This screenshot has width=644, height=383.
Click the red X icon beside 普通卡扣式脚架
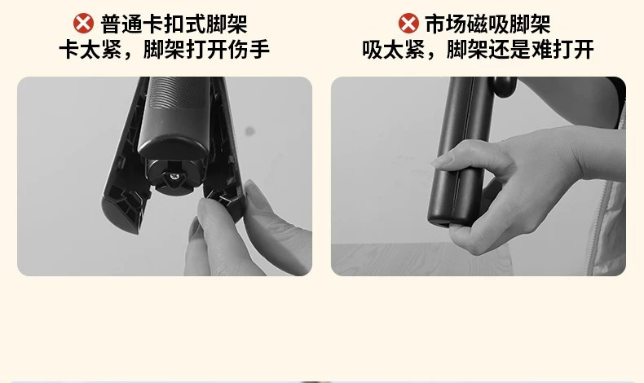(x=83, y=24)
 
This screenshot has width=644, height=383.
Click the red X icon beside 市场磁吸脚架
(x=408, y=24)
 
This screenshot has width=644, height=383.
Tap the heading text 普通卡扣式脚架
(x=174, y=24)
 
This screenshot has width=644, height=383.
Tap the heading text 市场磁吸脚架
(x=487, y=24)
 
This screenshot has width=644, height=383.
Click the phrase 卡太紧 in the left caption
(x=90, y=49)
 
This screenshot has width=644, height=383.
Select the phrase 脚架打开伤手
(x=206, y=49)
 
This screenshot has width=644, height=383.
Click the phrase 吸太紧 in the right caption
(x=393, y=49)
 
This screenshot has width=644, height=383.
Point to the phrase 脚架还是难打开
(x=520, y=49)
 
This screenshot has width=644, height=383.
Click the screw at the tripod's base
(x=175, y=177)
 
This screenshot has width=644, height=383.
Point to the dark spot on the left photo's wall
(x=249, y=131)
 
